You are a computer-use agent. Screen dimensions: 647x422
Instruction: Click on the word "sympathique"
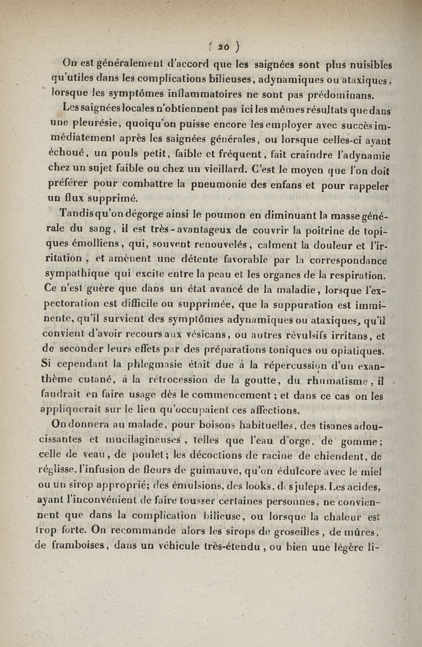[91, 274]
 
